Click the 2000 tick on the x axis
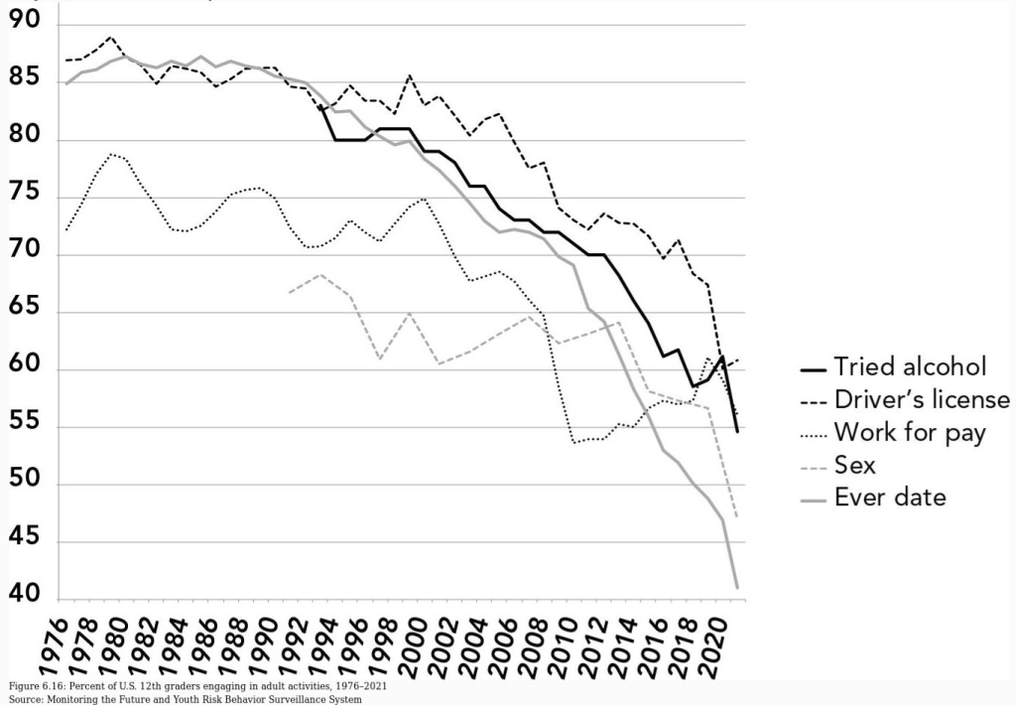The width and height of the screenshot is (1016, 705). coord(409,646)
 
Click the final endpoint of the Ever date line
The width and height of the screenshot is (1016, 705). coord(737,588)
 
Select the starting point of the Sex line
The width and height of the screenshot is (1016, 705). coord(289,292)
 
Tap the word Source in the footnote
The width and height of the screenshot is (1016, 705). coord(23,699)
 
